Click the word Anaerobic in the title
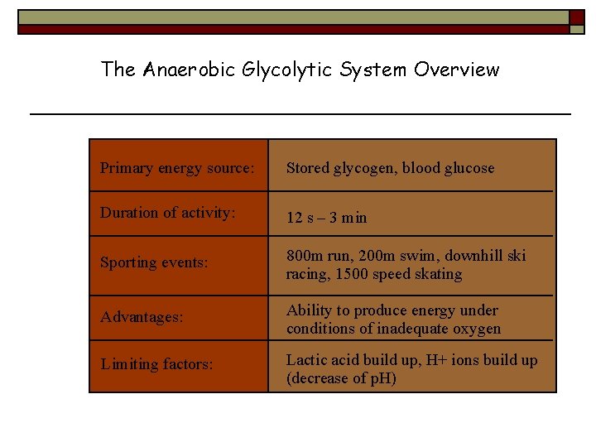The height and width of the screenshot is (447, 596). pos(190,70)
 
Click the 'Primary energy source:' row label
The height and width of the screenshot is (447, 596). pos(177,168)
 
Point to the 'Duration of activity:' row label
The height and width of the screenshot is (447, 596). pos(168,213)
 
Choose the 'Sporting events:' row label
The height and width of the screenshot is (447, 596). pos(153,262)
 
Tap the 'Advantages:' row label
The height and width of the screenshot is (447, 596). pos(142,318)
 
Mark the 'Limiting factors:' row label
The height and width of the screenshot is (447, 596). pos(156,363)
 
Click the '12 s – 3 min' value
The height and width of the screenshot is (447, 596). pos(326,218)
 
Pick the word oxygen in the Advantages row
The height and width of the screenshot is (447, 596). pos(478,329)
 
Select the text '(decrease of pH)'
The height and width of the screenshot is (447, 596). pos(341,378)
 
